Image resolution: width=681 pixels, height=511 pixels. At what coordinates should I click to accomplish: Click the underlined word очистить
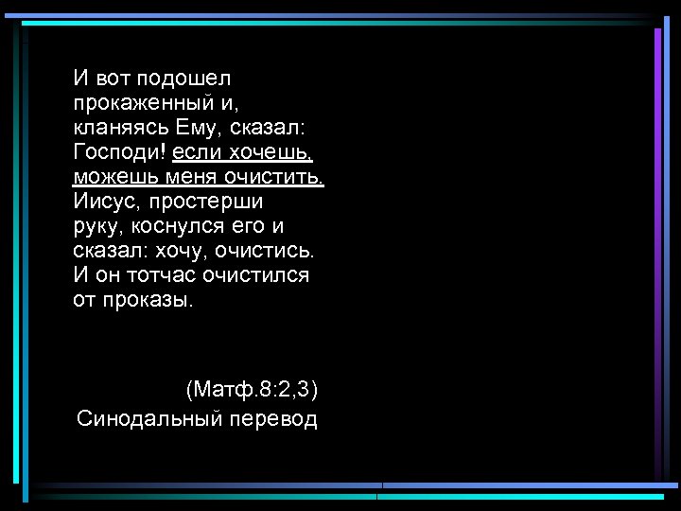click(x=273, y=176)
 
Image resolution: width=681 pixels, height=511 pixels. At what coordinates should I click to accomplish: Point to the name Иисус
click(x=104, y=201)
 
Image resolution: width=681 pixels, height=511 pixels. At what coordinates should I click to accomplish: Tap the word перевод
click(x=273, y=417)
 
